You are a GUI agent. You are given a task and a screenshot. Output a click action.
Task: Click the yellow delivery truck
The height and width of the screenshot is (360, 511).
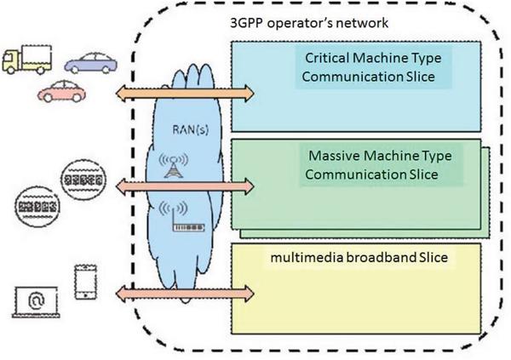click(26, 60)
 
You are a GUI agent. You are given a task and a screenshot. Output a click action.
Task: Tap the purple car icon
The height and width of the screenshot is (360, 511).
click(90, 63)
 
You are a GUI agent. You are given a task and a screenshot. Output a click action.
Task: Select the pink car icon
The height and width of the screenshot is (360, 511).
click(61, 91)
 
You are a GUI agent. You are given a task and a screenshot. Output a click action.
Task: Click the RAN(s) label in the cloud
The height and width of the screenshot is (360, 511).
click(190, 130)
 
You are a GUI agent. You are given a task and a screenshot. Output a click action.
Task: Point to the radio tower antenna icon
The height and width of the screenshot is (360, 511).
click(174, 165)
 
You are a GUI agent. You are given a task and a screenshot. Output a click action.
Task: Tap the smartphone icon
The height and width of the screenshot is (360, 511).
click(86, 282)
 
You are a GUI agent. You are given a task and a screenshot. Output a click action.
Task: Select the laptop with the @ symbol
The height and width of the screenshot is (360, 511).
click(36, 301)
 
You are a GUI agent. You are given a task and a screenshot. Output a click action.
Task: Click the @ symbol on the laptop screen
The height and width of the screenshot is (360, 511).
click(36, 300)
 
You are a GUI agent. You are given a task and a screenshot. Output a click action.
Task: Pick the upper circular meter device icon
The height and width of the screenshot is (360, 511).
click(83, 179)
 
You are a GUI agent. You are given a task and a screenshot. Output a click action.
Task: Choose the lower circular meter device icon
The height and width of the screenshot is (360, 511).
click(37, 207)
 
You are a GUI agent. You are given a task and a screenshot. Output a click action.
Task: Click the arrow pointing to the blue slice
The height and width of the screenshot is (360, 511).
click(185, 94)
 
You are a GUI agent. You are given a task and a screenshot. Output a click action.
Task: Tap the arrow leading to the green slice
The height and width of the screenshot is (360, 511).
click(185, 186)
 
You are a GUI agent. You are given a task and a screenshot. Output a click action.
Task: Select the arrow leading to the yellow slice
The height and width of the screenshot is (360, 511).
click(185, 294)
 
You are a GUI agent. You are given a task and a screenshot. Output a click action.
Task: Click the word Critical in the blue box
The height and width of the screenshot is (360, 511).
click(327, 58)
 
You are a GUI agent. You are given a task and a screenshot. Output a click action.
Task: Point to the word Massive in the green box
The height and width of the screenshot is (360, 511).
click(334, 156)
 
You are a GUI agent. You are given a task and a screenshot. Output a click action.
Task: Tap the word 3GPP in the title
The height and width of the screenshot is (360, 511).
click(247, 23)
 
